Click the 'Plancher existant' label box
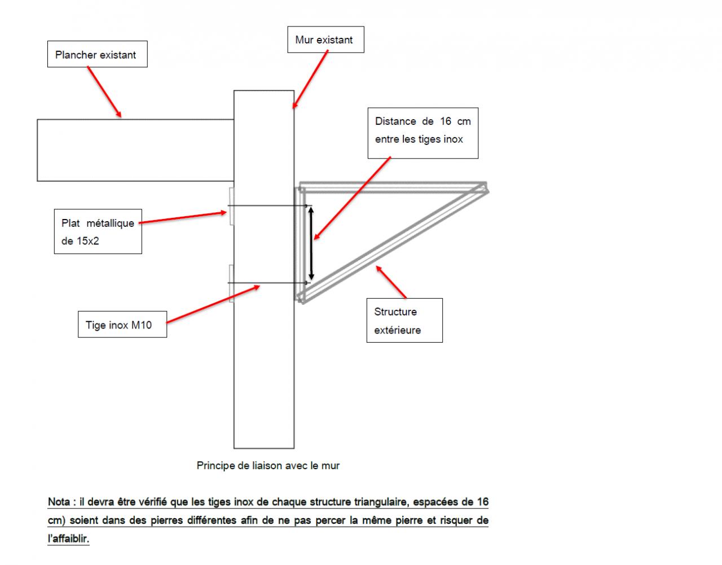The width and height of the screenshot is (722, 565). point(97,55)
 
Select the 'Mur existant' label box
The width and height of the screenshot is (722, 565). point(325,40)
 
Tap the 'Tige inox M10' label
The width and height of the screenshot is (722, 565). point(121,325)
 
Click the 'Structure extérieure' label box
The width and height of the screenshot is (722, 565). point(404,320)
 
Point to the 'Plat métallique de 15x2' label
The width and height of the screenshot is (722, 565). point(98,232)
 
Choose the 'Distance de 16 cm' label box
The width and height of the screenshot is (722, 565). point(422,133)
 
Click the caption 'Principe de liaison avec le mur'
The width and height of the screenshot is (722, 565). point(268,466)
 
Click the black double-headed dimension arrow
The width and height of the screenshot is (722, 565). point(311,243)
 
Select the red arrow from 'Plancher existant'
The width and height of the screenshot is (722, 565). point(104,92)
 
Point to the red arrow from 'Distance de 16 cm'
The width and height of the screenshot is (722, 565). point(352,198)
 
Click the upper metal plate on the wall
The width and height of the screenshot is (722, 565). point(231,207)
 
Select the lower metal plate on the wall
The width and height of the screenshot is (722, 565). point(231,283)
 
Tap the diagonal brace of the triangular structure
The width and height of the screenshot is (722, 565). point(395,243)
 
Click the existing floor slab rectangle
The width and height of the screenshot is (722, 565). point(135,150)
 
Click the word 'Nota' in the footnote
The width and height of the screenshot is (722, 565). point(59,502)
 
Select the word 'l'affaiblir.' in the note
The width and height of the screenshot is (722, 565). point(68,538)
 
